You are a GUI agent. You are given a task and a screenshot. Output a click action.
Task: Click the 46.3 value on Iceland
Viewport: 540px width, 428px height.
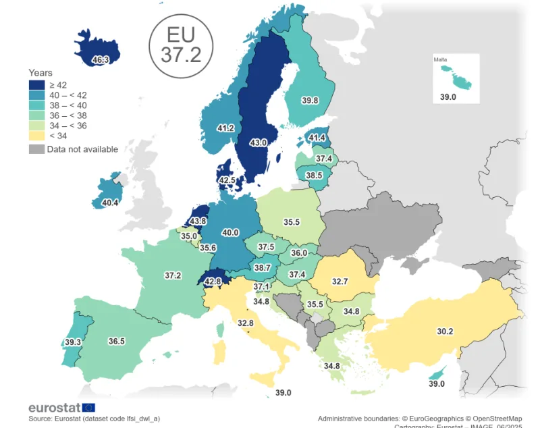100,60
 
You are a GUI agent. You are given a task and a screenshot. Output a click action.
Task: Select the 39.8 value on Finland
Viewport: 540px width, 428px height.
310,101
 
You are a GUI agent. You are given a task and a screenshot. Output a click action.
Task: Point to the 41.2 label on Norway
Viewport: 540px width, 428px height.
225,128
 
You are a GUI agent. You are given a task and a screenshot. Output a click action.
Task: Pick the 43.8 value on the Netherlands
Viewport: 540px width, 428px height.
198,221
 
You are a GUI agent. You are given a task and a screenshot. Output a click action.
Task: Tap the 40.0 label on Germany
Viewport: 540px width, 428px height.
230,232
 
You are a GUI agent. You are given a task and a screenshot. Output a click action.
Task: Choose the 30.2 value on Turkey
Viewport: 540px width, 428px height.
445,331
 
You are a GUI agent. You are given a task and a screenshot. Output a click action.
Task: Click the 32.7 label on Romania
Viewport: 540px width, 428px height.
340,281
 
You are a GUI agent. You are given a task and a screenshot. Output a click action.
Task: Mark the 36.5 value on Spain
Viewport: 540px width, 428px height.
117,341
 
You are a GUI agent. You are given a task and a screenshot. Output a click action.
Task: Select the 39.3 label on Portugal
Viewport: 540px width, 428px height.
73,342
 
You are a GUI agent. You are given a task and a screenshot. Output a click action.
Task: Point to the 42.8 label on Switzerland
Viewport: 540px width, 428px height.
213,282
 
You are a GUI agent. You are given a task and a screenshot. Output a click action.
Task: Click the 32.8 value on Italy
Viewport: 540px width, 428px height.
246,323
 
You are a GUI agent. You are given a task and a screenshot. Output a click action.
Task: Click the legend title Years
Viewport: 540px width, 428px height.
40,72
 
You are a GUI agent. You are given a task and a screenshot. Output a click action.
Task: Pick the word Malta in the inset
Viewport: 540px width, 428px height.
440,60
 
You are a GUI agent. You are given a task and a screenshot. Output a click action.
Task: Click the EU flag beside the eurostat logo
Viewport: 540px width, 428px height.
88,407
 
